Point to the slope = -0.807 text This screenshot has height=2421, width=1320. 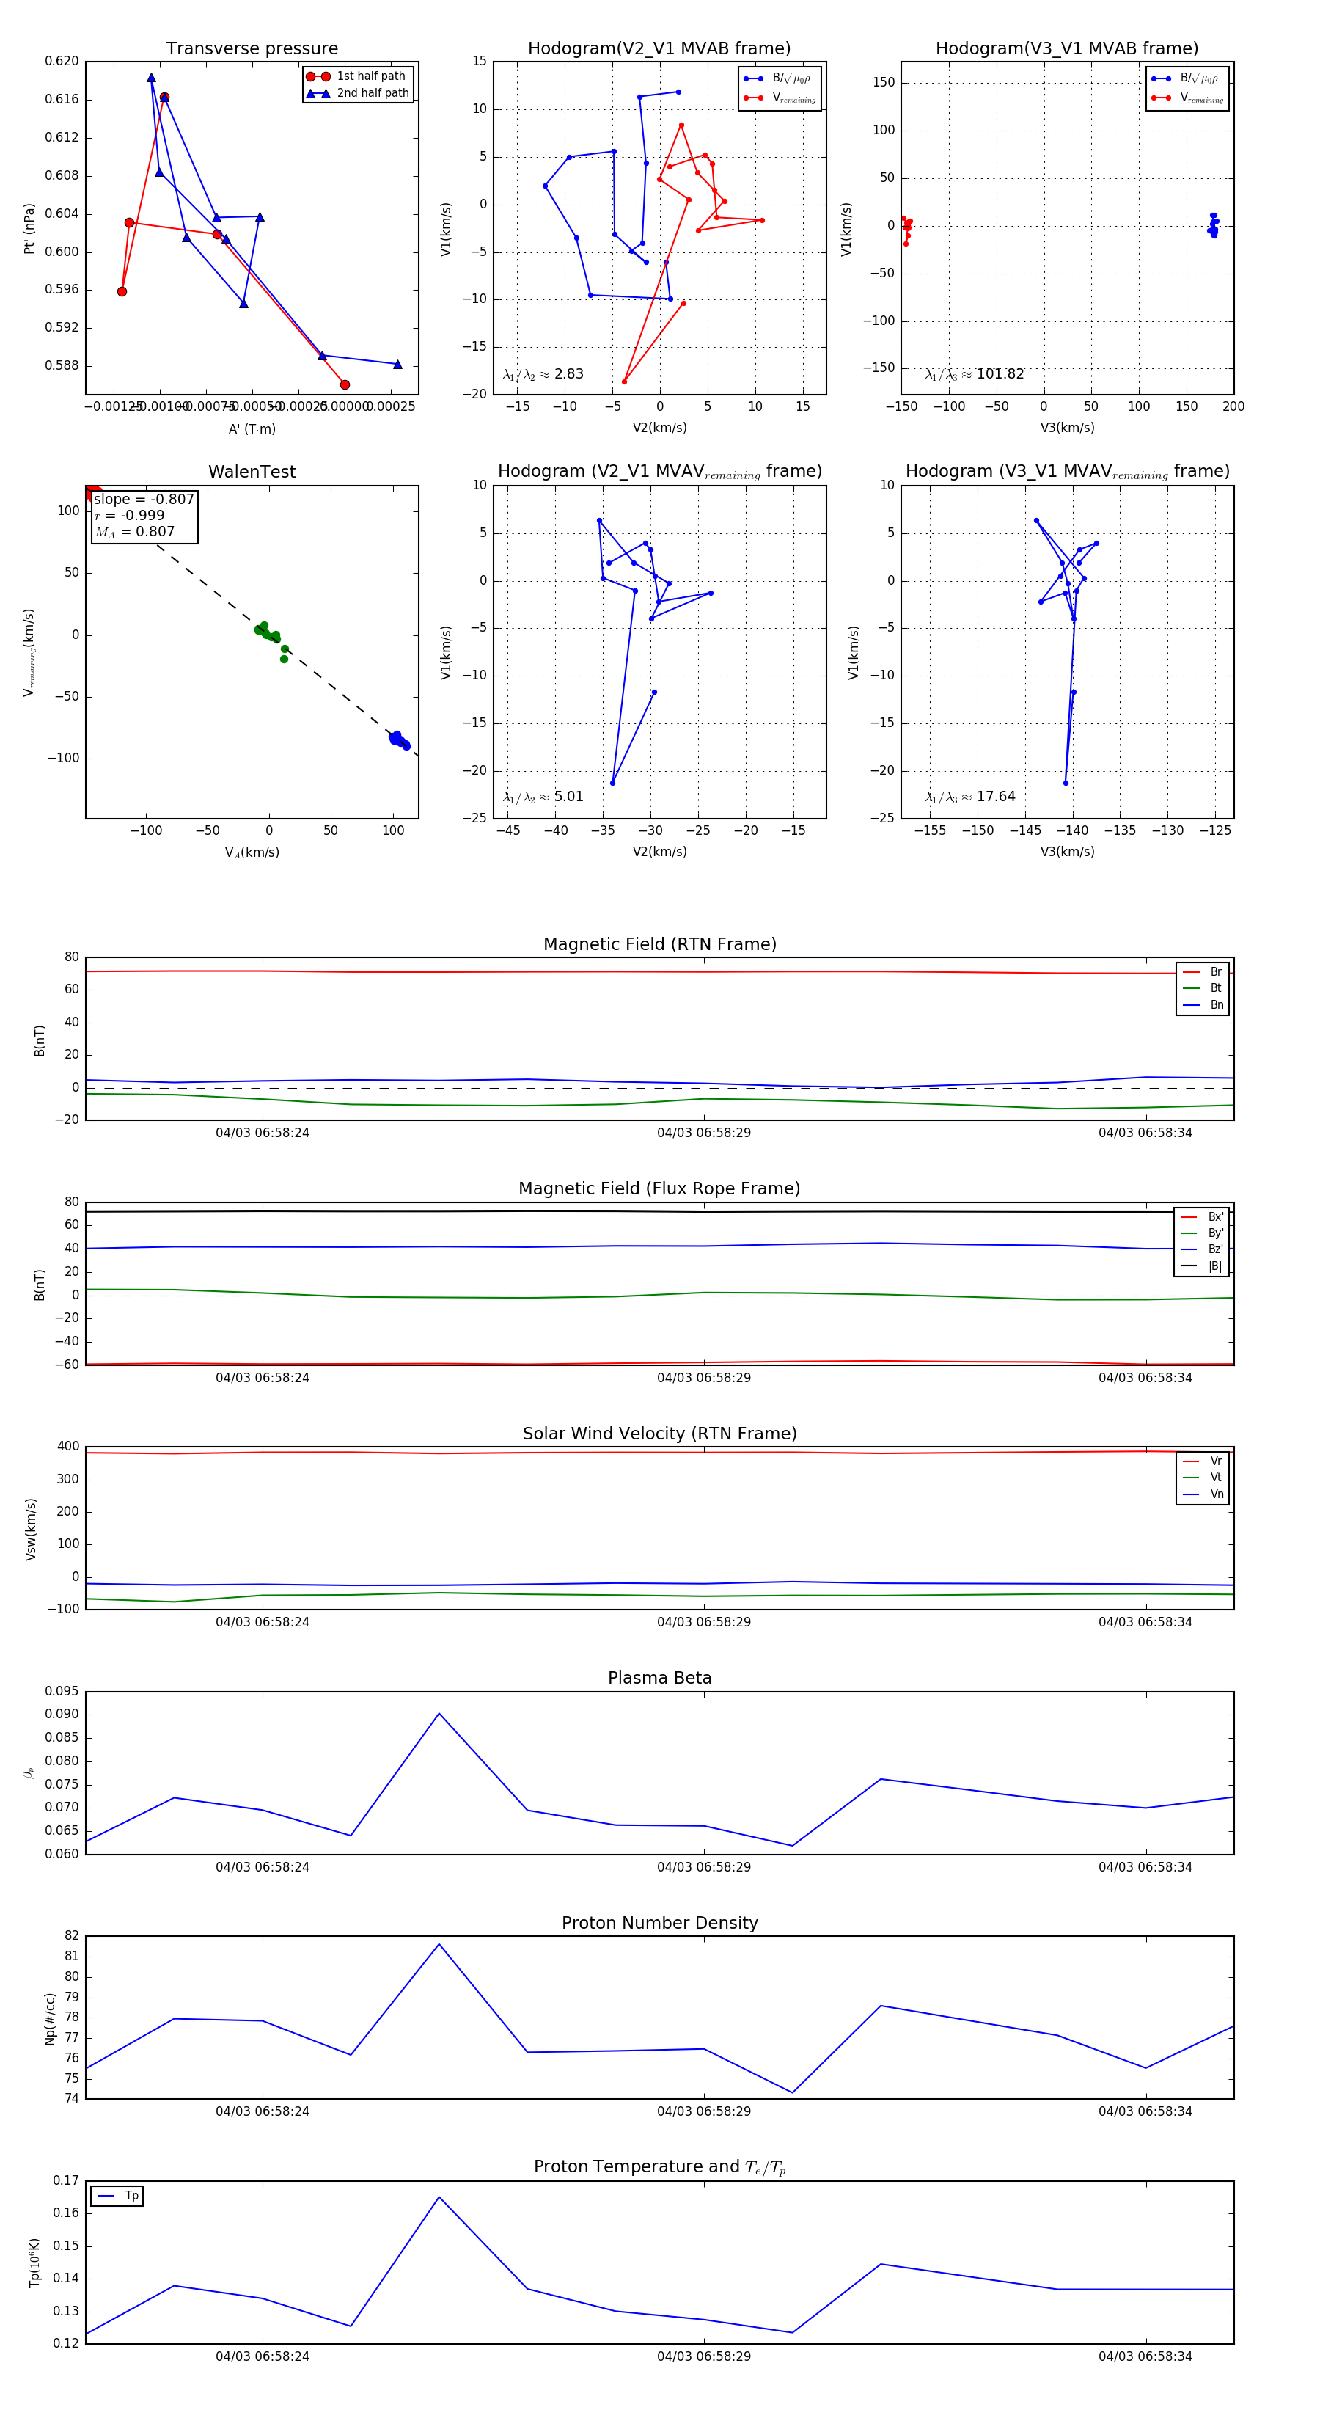[x=144, y=499]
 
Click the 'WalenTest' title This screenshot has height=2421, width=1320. [x=252, y=472]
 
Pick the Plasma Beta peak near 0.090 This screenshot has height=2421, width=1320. [x=439, y=1713]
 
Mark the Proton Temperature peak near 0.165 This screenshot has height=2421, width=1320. [x=439, y=2197]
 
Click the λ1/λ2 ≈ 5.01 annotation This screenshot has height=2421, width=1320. [x=543, y=797]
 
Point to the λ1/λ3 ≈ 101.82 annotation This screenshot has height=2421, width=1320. [x=975, y=374]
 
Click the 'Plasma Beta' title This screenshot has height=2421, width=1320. [x=659, y=1678]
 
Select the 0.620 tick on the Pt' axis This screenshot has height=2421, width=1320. [x=62, y=61]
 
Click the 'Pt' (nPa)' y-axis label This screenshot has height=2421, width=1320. [x=29, y=228]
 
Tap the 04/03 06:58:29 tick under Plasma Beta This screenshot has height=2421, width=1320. [x=704, y=1866]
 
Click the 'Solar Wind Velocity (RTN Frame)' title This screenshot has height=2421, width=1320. [x=659, y=1434]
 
